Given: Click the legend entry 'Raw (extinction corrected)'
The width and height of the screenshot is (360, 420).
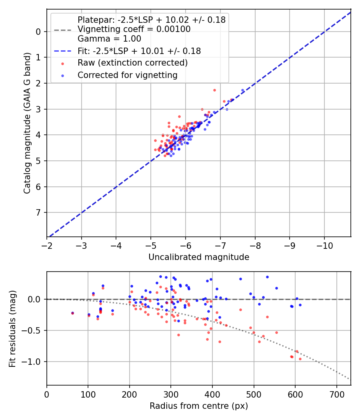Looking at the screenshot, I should click(132, 63).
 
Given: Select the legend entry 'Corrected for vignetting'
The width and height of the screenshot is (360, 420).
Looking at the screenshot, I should click(127, 75).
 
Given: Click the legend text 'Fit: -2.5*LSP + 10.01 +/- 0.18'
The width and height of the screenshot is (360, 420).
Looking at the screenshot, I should click(139, 51).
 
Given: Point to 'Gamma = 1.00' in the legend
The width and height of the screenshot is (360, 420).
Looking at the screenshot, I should click(109, 39).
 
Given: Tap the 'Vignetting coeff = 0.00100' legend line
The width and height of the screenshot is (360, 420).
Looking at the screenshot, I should click(134, 29).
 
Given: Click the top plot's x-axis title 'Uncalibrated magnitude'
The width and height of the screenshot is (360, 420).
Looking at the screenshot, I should click(199, 257).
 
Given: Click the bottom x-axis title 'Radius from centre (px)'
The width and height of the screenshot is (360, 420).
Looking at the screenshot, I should click(199, 406).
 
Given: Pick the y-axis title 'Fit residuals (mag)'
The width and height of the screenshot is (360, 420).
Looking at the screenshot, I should click(13, 328).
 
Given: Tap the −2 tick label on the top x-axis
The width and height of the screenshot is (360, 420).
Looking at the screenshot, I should click(47, 244).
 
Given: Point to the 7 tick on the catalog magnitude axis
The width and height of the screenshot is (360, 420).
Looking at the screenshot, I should click(39, 212).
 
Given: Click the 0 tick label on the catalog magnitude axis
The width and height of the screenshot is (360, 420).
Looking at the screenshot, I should click(39, 32).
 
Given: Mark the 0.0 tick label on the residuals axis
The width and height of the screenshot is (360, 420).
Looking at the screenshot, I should click(35, 299).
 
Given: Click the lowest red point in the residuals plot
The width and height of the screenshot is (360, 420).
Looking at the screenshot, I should click(300, 359).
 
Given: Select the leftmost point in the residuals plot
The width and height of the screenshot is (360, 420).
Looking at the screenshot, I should click(72, 313).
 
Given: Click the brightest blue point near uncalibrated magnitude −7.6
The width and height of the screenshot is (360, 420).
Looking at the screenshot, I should click(242, 90).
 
